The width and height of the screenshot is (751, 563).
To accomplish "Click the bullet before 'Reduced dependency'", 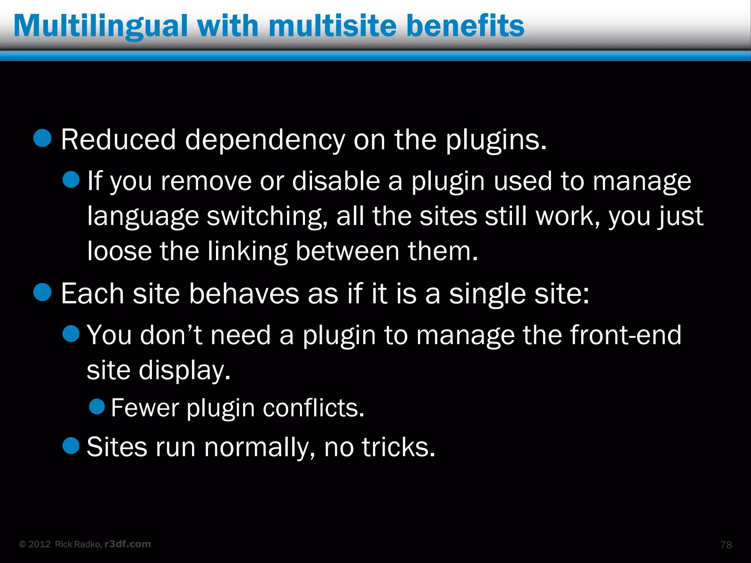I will [43, 138].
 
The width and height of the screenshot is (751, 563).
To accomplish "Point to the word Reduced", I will [118, 140].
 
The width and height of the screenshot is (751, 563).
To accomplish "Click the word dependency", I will [265, 140].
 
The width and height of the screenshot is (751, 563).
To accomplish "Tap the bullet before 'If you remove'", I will [71, 180].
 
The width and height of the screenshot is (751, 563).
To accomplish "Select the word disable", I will [336, 181].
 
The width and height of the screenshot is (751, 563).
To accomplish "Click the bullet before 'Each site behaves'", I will [43, 292].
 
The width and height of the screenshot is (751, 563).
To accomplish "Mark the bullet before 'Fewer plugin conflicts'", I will [97, 406].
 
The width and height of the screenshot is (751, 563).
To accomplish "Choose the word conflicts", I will [314, 408].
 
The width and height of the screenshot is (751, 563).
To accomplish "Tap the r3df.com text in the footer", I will [128, 544].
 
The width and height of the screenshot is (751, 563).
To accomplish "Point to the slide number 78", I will [726, 545].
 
